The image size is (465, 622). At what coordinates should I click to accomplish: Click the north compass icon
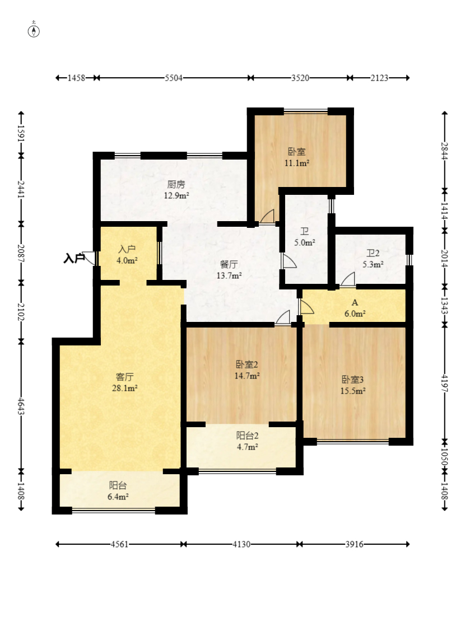point(34,30)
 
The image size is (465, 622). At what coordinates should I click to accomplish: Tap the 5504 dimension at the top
point(174,78)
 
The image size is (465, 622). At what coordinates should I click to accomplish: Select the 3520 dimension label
point(300,78)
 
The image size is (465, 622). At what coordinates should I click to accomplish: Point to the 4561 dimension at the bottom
point(119,544)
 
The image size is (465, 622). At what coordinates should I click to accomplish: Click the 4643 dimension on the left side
point(21,406)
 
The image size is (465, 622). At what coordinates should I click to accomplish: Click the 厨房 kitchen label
point(176,184)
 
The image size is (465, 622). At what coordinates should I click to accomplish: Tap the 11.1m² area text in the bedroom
point(296,163)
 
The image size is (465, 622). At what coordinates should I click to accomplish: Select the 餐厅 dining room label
point(229,264)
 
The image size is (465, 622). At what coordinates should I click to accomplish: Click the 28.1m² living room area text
point(125,388)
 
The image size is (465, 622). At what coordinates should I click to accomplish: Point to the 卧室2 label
point(247,364)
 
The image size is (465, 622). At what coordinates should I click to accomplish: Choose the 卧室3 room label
point(352,380)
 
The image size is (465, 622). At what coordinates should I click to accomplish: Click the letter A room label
point(355,303)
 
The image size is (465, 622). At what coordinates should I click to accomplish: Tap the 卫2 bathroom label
point(373,253)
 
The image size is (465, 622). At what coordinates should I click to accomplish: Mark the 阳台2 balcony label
point(248,436)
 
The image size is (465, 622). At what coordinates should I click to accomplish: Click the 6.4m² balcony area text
point(118,497)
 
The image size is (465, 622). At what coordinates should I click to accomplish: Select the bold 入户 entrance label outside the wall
point(75,258)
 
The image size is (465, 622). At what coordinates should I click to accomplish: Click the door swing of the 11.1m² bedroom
point(268,217)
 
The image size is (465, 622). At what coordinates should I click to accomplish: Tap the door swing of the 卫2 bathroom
point(348,279)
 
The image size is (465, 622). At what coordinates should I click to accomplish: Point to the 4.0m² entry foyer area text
point(127,261)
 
